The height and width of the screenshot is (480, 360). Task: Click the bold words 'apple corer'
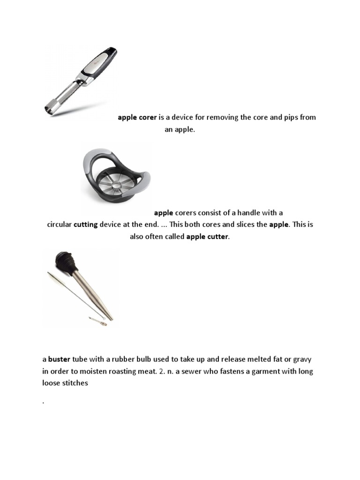(137, 117)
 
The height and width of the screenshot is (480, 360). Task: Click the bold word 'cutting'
(86, 225)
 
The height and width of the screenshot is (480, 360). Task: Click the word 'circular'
(59, 225)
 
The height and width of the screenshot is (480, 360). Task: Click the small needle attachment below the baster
(97, 321)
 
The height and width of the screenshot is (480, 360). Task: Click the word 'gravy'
(302, 360)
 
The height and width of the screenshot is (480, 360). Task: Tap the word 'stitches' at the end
(75, 383)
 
